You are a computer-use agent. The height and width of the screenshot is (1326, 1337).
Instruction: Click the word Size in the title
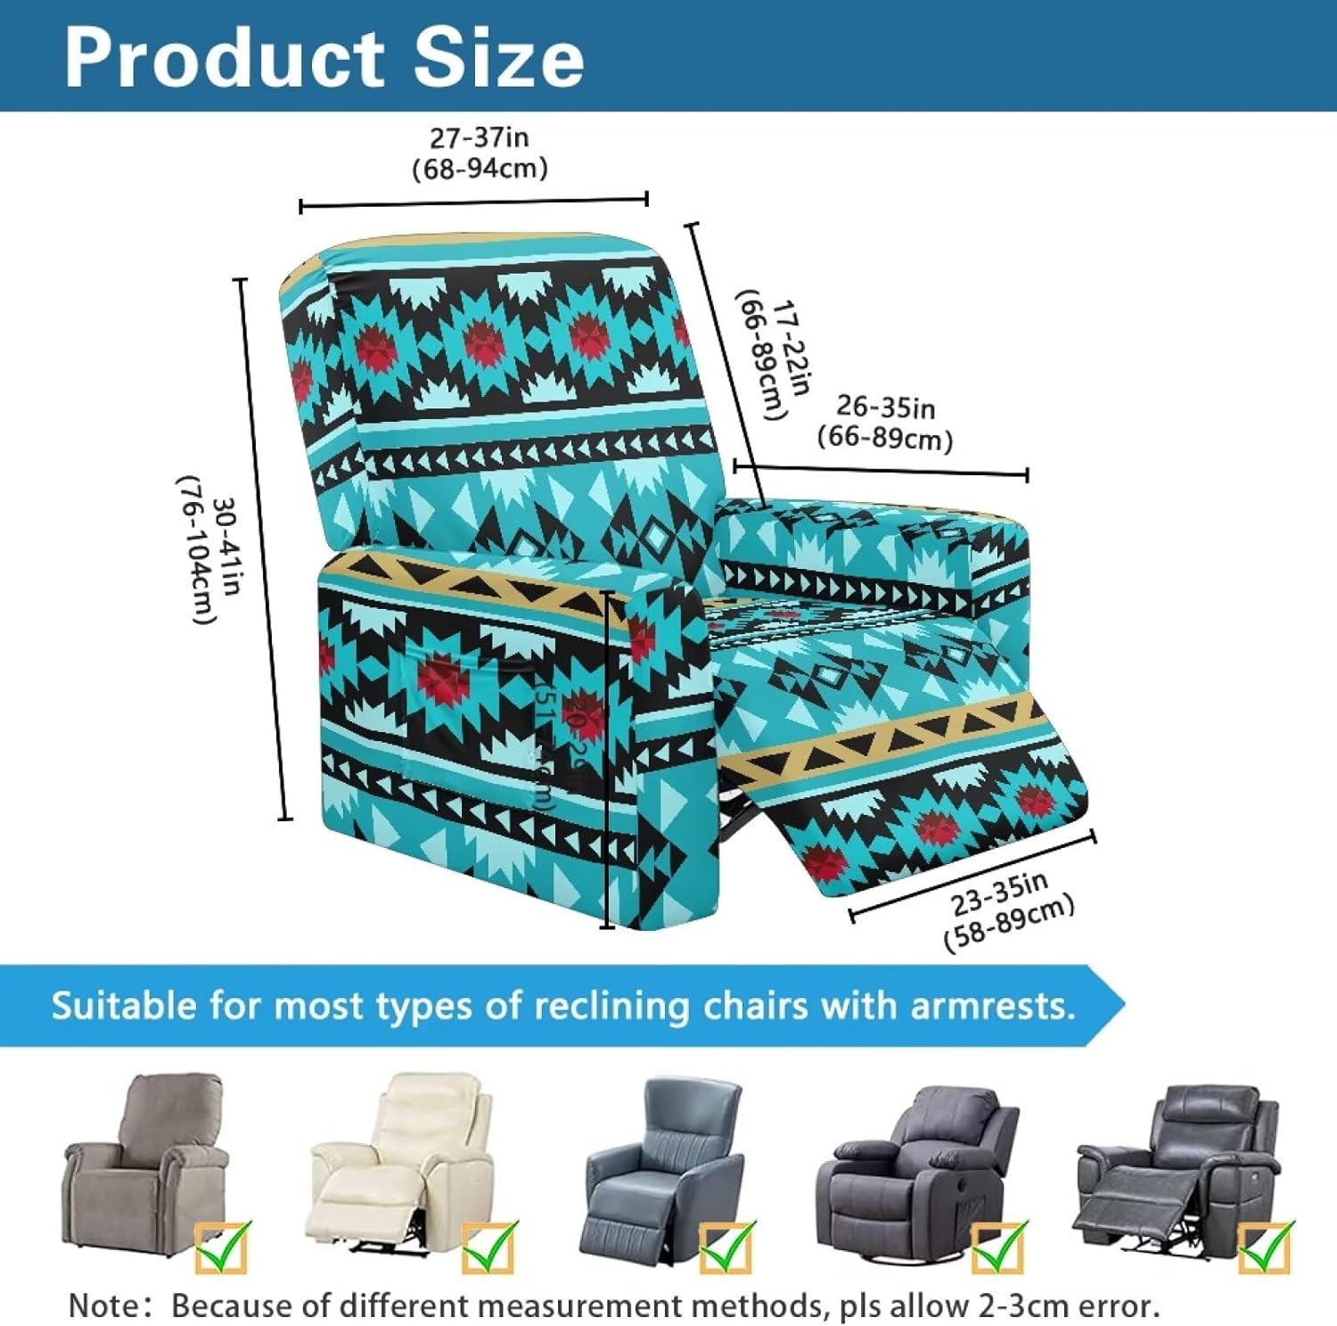click(x=499, y=59)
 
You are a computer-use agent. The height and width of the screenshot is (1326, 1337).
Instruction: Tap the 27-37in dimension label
click(x=480, y=138)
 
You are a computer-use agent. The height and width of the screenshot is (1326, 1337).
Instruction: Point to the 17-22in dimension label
click(x=792, y=347)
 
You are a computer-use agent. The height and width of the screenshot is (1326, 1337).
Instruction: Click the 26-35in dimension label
click(x=885, y=407)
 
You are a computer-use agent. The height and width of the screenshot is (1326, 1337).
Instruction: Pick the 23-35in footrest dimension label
click(x=998, y=894)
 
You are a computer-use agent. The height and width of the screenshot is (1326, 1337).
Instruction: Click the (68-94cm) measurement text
click(x=480, y=169)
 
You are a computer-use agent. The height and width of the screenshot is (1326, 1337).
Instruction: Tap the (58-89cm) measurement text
click(x=1010, y=924)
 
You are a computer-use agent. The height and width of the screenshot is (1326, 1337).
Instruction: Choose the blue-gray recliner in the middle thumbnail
click(x=664, y=1168)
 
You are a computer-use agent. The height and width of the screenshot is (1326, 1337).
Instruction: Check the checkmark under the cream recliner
click(x=488, y=1246)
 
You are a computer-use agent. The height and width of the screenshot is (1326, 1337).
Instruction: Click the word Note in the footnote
click(x=103, y=1305)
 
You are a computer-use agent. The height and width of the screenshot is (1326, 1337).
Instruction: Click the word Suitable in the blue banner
click(x=124, y=1006)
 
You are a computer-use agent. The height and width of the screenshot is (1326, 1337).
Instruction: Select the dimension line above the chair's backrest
click(x=473, y=203)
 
